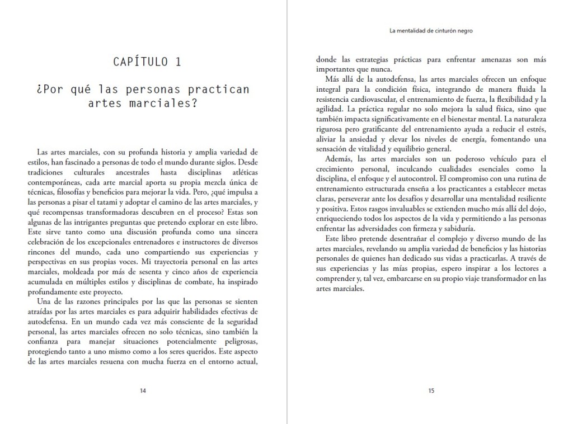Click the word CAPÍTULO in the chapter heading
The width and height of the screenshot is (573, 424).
(x=139, y=62)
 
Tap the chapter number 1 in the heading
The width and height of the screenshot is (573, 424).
(x=177, y=62)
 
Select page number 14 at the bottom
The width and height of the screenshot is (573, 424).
(x=143, y=391)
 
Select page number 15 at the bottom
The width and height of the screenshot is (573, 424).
(x=431, y=391)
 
